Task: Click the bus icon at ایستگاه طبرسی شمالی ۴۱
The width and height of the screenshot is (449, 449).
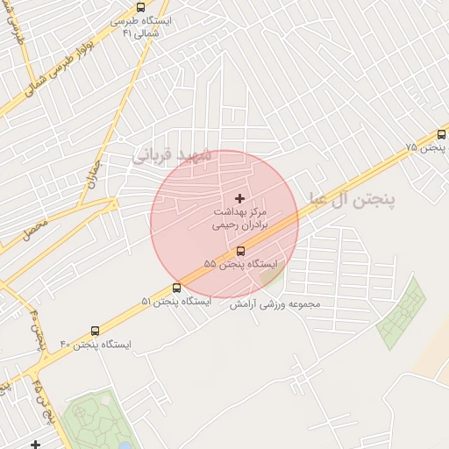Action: point(140,7)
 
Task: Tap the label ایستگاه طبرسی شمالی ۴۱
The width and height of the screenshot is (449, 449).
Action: point(142,26)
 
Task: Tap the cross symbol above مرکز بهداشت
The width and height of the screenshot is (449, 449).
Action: point(240,199)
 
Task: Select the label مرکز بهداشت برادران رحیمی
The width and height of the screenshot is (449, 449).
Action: point(239,219)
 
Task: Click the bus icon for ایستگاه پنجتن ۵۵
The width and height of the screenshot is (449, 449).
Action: point(241,250)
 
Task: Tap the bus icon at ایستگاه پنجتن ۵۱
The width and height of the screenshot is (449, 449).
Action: point(177,288)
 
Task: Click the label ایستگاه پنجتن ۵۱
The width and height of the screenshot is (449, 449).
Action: point(176,302)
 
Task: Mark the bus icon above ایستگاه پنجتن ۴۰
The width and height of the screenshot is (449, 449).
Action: point(95,331)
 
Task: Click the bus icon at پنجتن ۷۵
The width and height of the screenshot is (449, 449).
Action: point(440,135)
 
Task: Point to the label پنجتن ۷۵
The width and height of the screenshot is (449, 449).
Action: point(424,148)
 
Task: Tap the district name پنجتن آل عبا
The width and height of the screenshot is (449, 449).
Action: point(351,200)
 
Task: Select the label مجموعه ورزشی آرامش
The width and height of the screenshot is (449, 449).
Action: point(276,304)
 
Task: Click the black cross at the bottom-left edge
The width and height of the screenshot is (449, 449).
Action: point(35,445)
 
